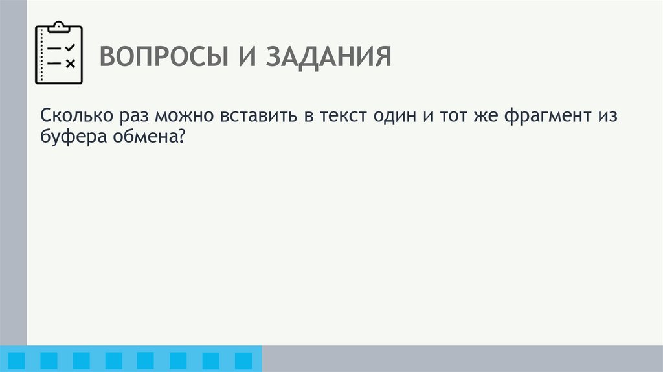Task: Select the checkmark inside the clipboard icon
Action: point(71,47)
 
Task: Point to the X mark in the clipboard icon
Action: point(71,63)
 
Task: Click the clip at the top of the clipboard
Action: point(59,27)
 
